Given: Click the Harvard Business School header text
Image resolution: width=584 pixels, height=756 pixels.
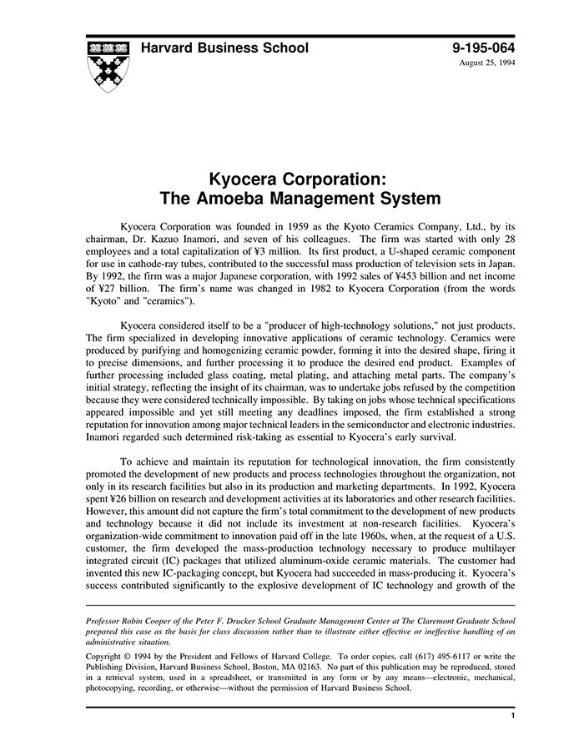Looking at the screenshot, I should pyautogui.click(x=224, y=48).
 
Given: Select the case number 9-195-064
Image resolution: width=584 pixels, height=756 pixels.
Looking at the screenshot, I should pyautogui.click(x=481, y=48).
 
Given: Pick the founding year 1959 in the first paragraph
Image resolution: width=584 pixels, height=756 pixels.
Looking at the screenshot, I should pyautogui.click(x=300, y=227).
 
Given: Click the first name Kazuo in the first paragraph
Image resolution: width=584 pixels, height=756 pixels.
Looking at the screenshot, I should pyautogui.click(x=163, y=241).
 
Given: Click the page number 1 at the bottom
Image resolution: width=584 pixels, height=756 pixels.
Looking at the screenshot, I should pyautogui.click(x=511, y=716).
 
